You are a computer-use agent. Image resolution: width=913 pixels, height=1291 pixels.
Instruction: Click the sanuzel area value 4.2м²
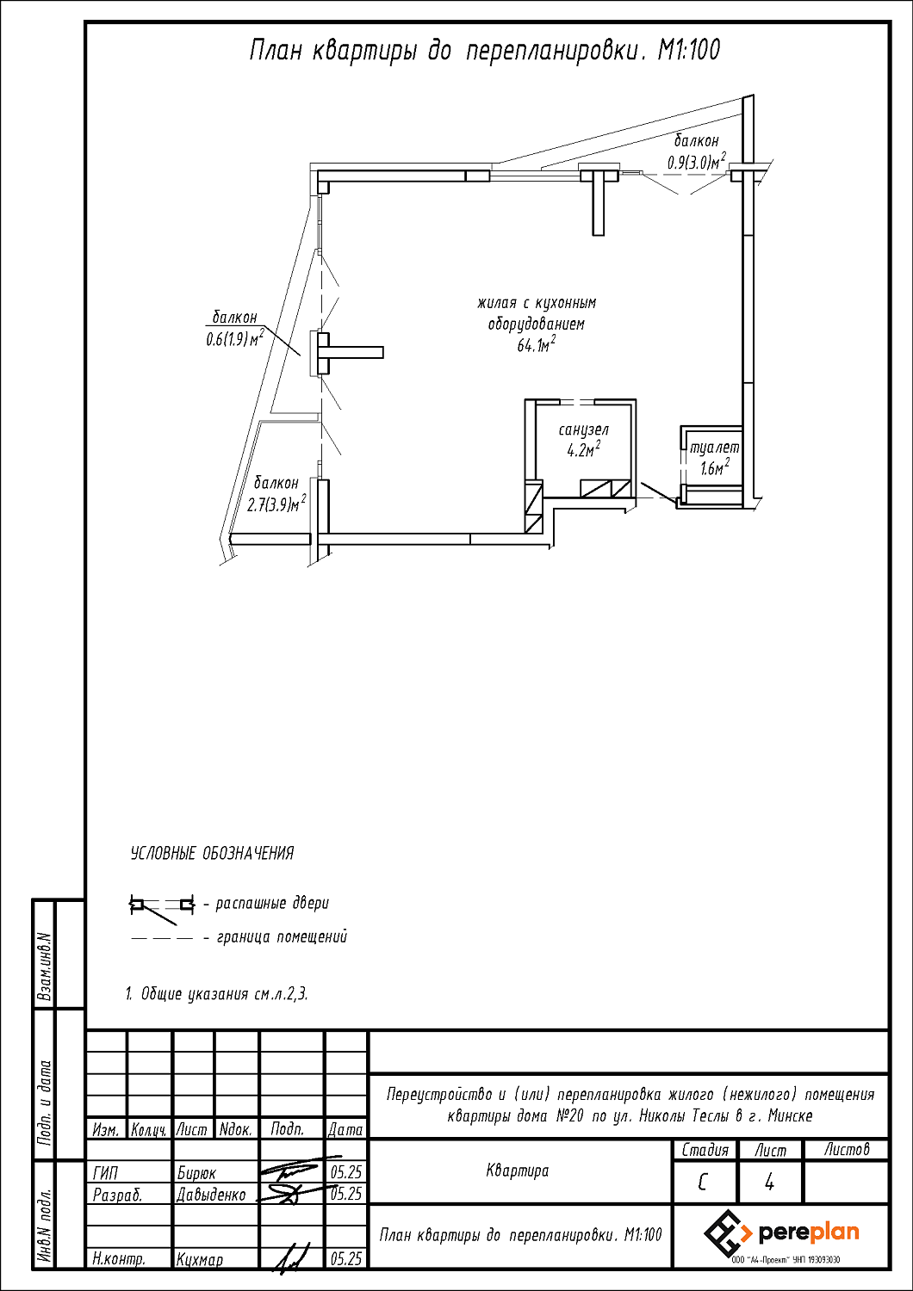tap(584, 450)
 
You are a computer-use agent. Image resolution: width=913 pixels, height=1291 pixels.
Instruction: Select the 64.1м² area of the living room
tap(537, 345)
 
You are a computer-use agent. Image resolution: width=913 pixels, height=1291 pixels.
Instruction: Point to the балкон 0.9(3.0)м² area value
tap(696, 162)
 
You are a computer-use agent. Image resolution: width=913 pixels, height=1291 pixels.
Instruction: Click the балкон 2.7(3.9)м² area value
tap(276, 504)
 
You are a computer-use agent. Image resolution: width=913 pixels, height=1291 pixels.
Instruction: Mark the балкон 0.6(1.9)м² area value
tap(235, 339)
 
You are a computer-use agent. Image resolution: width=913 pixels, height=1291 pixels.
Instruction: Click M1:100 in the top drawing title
tap(689, 51)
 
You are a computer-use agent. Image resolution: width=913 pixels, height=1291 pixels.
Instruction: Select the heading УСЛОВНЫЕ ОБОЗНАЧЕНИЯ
tap(212, 853)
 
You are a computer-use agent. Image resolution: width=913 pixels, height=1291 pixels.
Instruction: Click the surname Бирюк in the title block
tap(196, 1173)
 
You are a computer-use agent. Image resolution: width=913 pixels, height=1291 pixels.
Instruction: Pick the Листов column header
tap(846, 1150)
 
